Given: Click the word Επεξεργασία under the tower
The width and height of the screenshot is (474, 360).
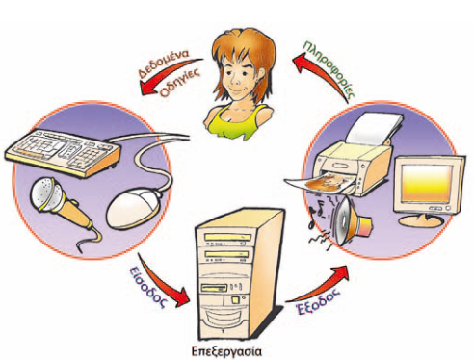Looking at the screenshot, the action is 226,351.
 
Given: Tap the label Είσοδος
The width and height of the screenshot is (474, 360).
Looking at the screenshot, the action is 147,284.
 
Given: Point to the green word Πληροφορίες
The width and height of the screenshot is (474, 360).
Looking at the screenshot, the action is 330,68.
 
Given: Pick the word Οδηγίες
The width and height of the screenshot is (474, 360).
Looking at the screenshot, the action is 180,83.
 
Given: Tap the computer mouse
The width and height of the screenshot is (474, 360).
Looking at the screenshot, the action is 133,209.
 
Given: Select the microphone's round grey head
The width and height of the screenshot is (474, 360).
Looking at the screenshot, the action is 45,194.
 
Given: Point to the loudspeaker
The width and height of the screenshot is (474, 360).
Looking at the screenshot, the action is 351,221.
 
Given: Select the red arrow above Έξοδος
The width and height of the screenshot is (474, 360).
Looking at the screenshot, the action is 321,284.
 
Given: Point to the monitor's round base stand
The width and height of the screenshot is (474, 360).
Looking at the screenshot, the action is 421,221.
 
